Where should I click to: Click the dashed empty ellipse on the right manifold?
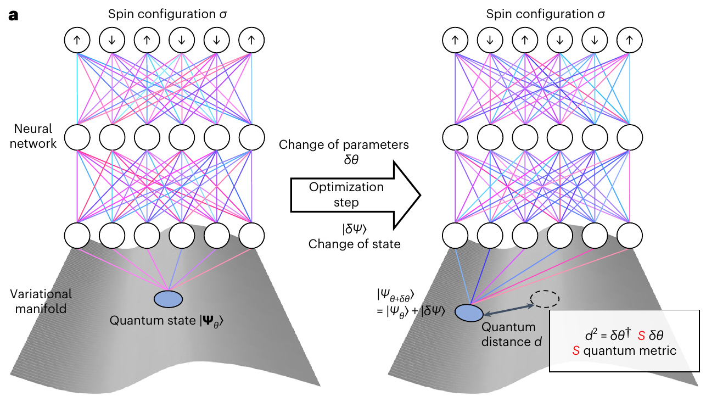[x=543, y=299]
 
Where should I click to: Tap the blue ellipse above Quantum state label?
[x=169, y=299]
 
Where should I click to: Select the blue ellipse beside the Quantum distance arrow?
[x=468, y=313]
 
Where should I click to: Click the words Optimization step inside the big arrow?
[x=346, y=194]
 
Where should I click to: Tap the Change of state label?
[x=354, y=244]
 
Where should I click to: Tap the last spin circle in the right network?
[x=629, y=40]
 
